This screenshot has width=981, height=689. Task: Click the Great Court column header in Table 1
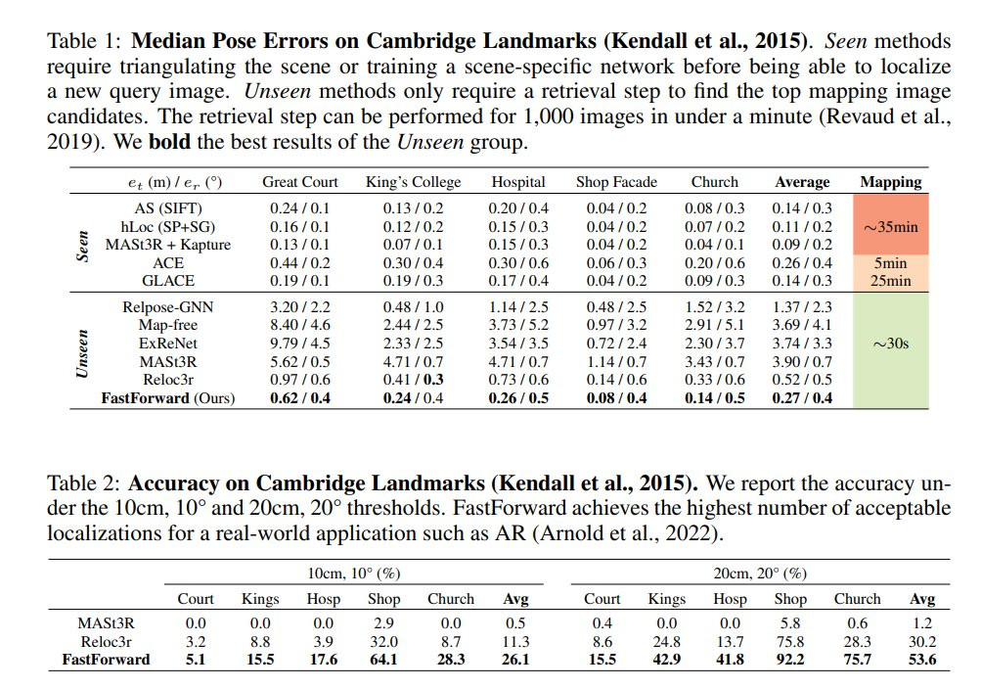pos(300,182)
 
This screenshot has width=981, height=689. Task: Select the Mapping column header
pos(890,182)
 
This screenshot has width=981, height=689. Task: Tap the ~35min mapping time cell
pos(890,226)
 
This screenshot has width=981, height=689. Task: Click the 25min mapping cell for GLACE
pos(890,281)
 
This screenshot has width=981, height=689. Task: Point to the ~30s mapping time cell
pos(890,344)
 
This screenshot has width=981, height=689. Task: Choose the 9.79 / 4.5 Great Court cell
pos(300,344)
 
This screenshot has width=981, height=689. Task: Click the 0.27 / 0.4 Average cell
pos(802,398)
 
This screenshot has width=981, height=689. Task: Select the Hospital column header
pos(518,182)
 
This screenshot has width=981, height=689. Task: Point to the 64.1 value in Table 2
pos(382,659)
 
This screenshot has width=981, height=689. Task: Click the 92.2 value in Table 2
pos(790,659)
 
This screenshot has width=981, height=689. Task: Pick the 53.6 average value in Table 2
pos(921,659)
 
